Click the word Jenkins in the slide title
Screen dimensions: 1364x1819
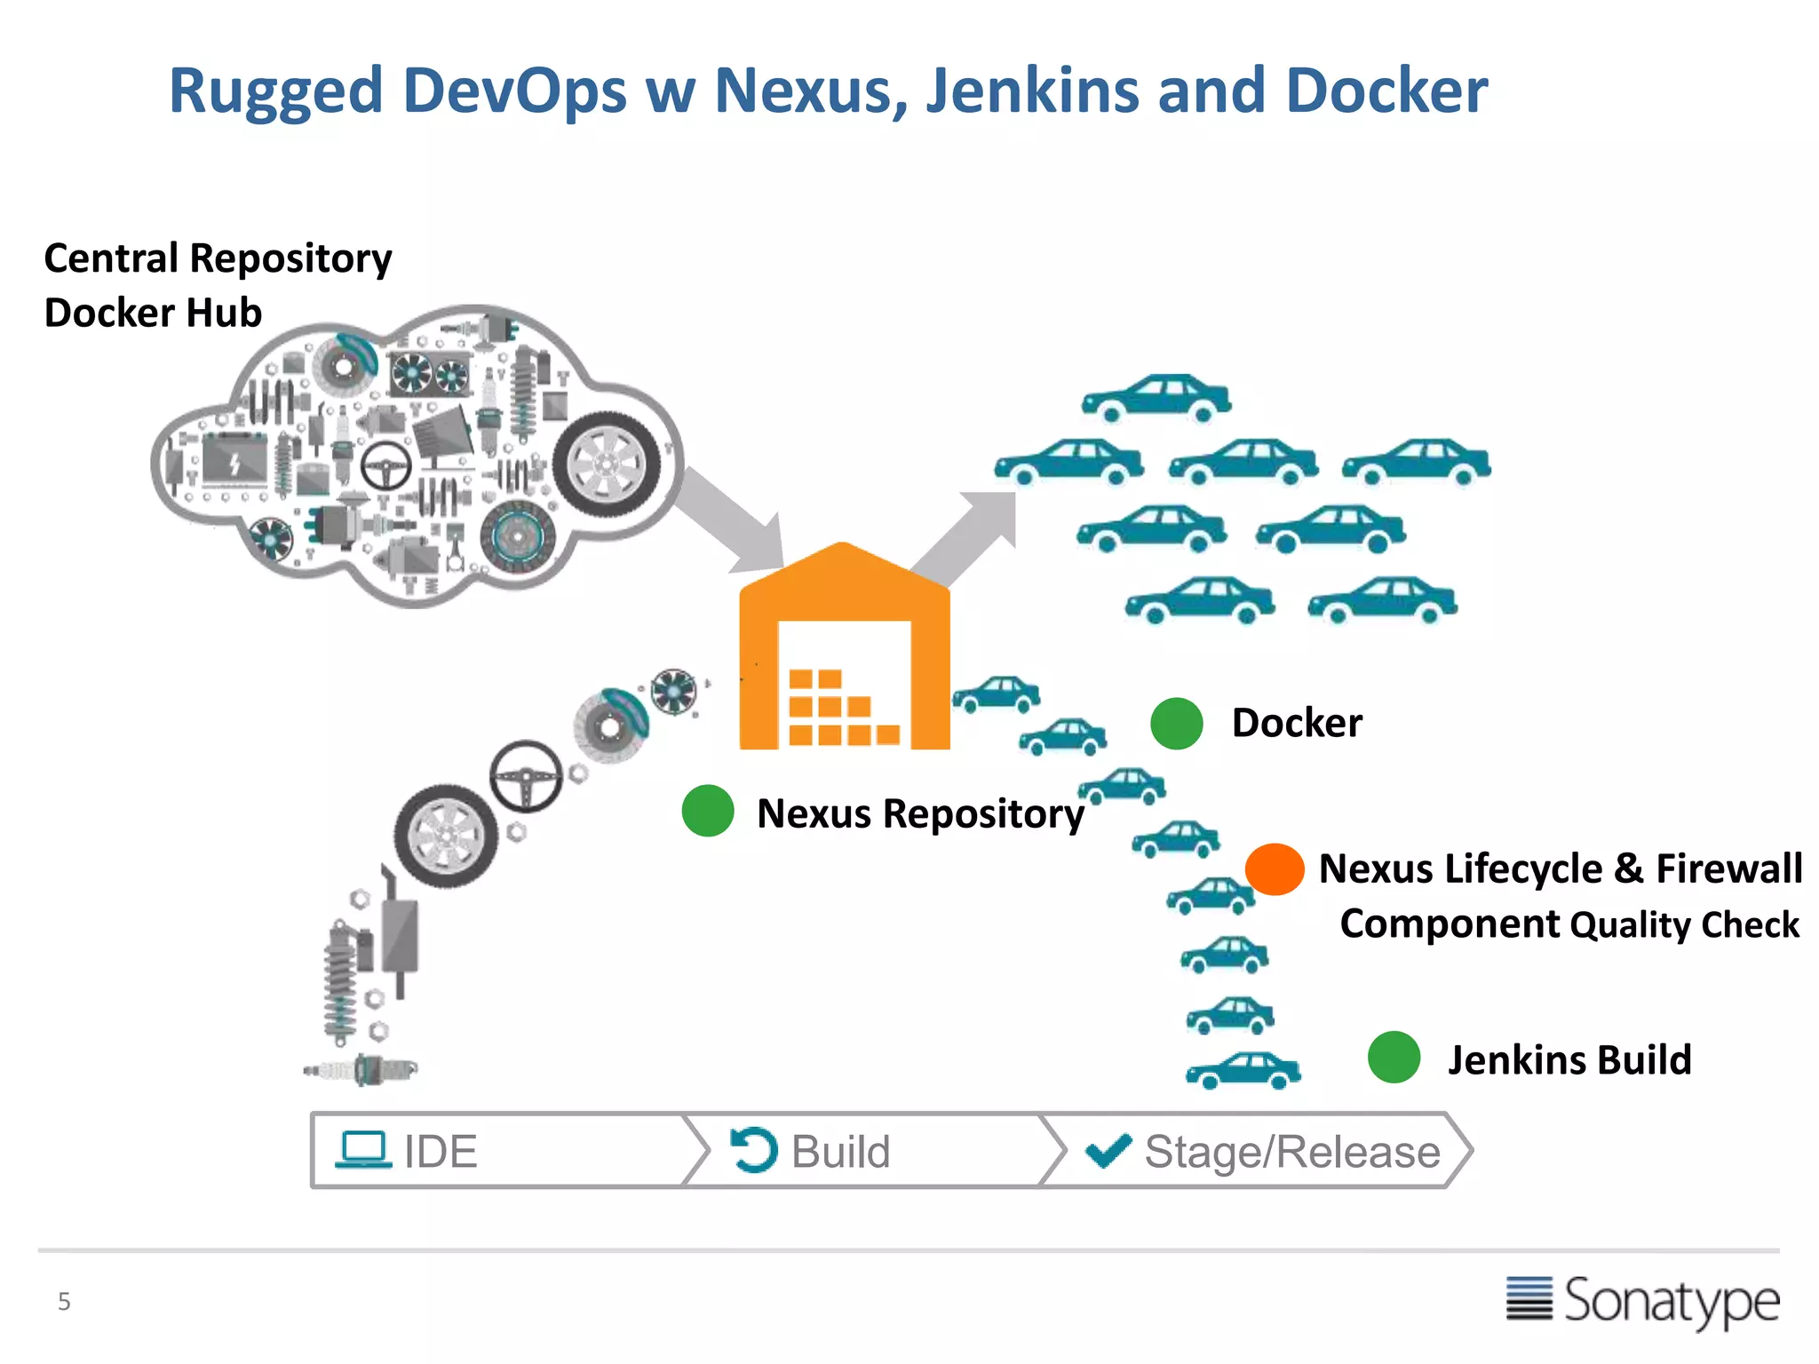[x=1032, y=91]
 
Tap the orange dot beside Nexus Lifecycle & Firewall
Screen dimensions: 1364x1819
[x=1275, y=868]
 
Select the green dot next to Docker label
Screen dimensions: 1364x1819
[x=1176, y=723]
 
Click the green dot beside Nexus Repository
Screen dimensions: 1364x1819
[x=708, y=811]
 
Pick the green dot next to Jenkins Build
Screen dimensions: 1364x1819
[x=1394, y=1057]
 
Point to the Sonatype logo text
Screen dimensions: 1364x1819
[x=1670, y=1302]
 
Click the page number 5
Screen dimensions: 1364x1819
[x=64, y=1302]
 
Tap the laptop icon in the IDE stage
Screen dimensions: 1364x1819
[x=363, y=1149]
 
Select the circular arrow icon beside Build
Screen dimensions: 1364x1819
[x=754, y=1150]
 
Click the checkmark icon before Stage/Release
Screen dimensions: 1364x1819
[x=1108, y=1151]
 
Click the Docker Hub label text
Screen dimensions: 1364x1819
[x=153, y=313]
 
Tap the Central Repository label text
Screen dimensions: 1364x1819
[x=218, y=258]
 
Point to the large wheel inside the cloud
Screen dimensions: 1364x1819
[x=607, y=464]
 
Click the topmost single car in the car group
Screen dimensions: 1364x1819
[x=1156, y=397]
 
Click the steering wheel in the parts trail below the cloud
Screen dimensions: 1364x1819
[x=527, y=776]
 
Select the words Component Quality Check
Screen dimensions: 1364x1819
[x=1569, y=924]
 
